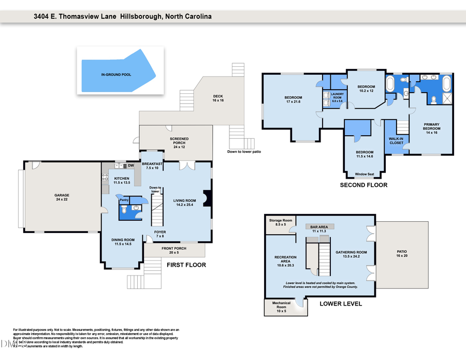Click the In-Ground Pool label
point(116,75)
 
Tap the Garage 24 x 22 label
point(62,197)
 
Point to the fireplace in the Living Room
point(208,199)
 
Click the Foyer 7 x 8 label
point(160,234)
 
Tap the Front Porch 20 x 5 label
point(173,251)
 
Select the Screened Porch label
point(179,142)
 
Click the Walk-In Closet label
point(396,140)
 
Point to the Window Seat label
point(363,175)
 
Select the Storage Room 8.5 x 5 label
point(280,223)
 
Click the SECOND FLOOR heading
point(363,185)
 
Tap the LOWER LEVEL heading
point(341,304)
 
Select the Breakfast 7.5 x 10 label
point(154,166)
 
